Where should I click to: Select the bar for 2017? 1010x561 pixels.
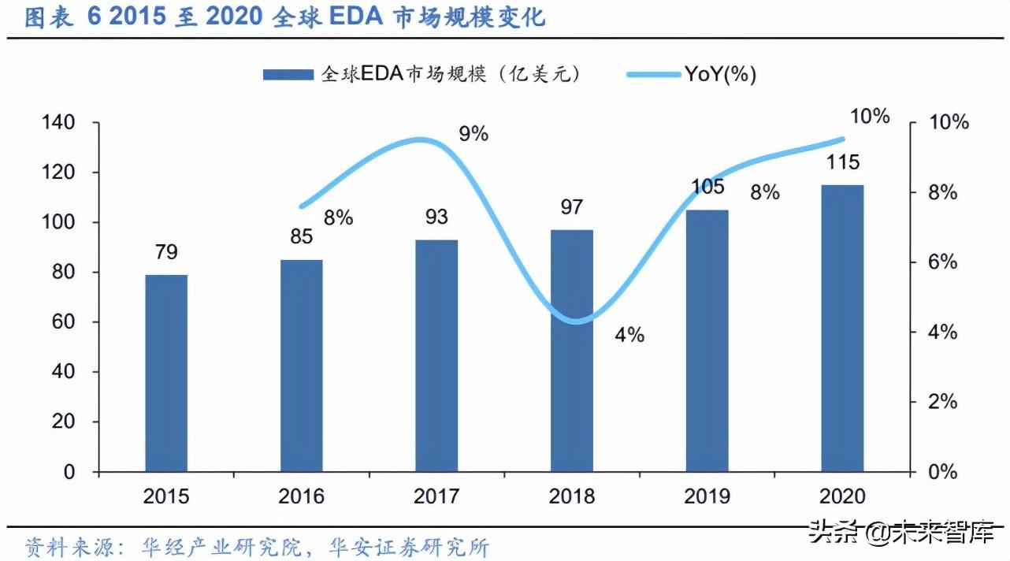click(436, 355)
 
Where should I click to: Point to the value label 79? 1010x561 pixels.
click(166, 252)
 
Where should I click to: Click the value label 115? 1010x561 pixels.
click(842, 162)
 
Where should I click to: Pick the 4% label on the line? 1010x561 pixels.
click(629, 335)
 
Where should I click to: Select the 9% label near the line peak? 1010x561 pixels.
click(473, 134)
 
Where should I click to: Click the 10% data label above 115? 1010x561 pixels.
click(870, 117)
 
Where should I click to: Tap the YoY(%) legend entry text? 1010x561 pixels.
click(720, 74)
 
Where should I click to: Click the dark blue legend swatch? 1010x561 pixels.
click(288, 74)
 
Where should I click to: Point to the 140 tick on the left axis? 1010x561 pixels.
click(59, 123)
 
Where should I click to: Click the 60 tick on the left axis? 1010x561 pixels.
click(64, 322)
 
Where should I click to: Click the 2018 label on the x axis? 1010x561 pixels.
click(572, 496)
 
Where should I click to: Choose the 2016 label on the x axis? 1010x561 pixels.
click(301, 496)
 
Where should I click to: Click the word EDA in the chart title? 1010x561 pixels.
click(340, 17)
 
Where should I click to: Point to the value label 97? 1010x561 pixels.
click(572, 207)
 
